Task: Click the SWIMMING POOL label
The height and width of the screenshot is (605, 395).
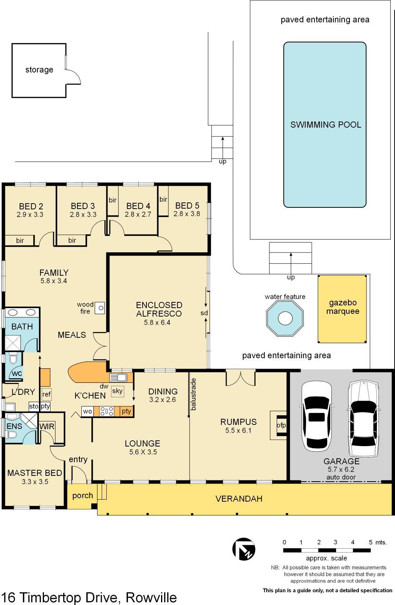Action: pyautogui.click(x=326, y=125)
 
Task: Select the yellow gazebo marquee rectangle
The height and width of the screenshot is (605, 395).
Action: pyautogui.click(x=342, y=308)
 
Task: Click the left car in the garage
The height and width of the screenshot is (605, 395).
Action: pyautogui.click(x=316, y=416)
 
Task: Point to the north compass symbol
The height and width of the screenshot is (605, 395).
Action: pyautogui.click(x=244, y=549)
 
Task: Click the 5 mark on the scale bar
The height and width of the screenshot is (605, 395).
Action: pyautogui.click(x=370, y=542)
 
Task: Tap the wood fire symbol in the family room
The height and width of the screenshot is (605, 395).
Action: pyautogui.click(x=100, y=308)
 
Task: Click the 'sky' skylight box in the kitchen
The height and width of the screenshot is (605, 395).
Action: pyautogui.click(x=117, y=391)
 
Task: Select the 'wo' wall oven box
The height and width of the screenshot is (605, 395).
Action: pyautogui.click(x=87, y=411)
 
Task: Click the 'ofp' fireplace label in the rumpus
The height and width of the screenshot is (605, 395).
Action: pyautogui.click(x=281, y=425)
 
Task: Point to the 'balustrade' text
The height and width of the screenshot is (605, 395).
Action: pyautogui.click(x=193, y=394)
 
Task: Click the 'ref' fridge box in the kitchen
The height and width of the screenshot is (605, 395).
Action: pyautogui.click(x=46, y=394)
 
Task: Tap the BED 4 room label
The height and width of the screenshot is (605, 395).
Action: pyautogui.click(x=138, y=206)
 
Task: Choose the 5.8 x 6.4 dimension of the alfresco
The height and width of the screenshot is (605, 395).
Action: pyautogui.click(x=157, y=322)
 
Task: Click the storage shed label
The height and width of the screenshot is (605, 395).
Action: pyautogui.click(x=39, y=70)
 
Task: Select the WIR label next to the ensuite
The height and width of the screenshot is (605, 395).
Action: pyautogui.click(x=47, y=426)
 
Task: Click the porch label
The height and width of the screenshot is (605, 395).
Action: pyautogui.click(x=82, y=495)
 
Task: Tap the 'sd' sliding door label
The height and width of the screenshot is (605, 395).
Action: pyautogui.click(x=204, y=313)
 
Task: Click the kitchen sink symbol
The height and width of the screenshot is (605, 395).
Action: pyautogui.click(x=118, y=377)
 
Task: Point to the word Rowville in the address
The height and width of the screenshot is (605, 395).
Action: pyautogui.click(x=151, y=597)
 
